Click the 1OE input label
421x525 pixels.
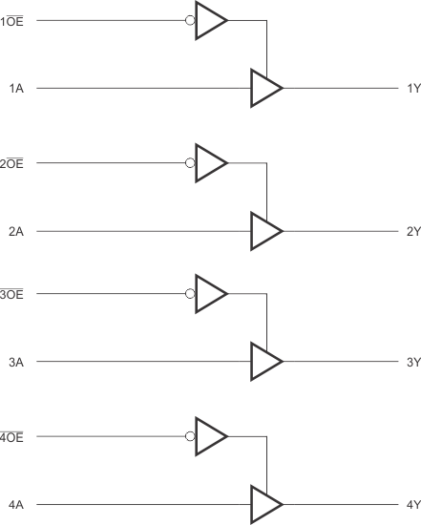click(x=17, y=21)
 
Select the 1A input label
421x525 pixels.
click(x=16, y=89)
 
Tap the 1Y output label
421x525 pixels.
click(x=412, y=89)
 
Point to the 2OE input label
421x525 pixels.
click(x=17, y=164)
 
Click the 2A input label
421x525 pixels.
click(x=16, y=232)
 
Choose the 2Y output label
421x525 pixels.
click(x=412, y=232)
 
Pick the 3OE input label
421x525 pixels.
click(x=17, y=294)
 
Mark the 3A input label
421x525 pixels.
click(x=16, y=362)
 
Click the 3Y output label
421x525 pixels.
click(x=412, y=362)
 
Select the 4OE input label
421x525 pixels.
click(x=17, y=437)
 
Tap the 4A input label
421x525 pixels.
click(x=16, y=504)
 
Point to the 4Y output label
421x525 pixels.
click(x=412, y=504)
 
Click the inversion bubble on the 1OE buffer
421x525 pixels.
click(x=190, y=21)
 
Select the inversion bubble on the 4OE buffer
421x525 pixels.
click(x=190, y=437)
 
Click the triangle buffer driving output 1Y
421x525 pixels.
click(x=264, y=89)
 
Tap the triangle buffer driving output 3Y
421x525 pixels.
click(x=264, y=362)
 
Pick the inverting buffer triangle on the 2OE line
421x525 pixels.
click(x=209, y=164)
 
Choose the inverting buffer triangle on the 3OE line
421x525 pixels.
click(x=209, y=294)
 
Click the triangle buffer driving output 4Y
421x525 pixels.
click(x=264, y=504)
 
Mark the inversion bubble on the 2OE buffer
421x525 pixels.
click(x=190, y=164)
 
